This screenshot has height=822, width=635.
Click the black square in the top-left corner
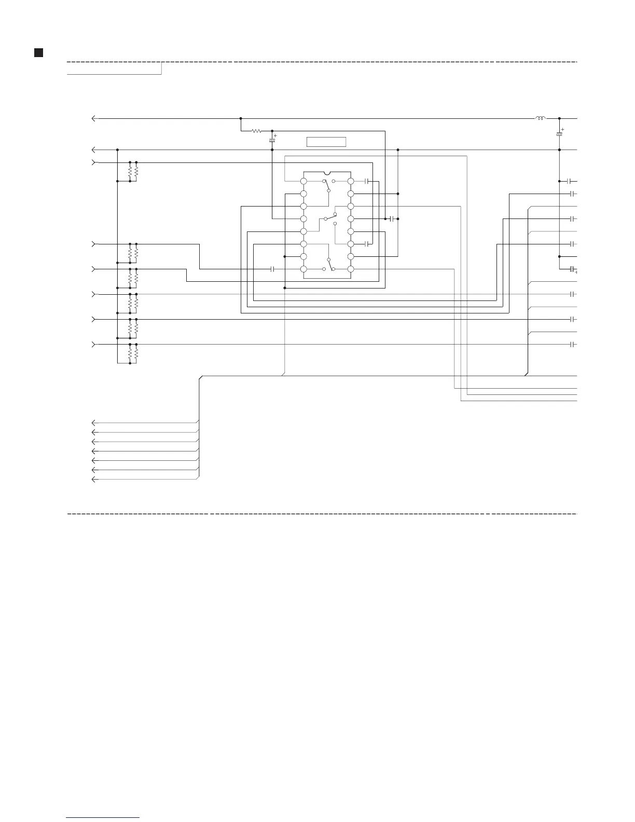point(38,52)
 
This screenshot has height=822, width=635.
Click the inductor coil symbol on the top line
point(540,118)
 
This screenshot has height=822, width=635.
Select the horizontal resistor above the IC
point(256,131)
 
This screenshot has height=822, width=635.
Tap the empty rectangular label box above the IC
point(326,142)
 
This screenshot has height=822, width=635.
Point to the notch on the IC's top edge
point(326,173)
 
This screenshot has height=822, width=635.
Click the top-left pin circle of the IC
point(303,181)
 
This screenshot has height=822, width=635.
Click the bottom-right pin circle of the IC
point(351,269)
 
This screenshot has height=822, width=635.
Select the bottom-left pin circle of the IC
point(303,269)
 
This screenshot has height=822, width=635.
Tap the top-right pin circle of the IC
point(351,181)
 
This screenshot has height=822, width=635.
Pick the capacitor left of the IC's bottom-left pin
point(272,269)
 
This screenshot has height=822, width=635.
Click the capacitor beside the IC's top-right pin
point(366,181)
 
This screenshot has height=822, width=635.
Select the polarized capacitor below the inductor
point(559,135)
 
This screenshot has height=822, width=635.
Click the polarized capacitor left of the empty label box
point(272,141)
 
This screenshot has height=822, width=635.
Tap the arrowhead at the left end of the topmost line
point(93,119)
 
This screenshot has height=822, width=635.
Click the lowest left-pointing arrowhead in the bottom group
point(93,479)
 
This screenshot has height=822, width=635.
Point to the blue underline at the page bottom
point(103,818)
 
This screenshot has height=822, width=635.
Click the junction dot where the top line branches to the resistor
point(241,119)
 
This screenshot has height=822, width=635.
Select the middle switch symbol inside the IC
point(329,217)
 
